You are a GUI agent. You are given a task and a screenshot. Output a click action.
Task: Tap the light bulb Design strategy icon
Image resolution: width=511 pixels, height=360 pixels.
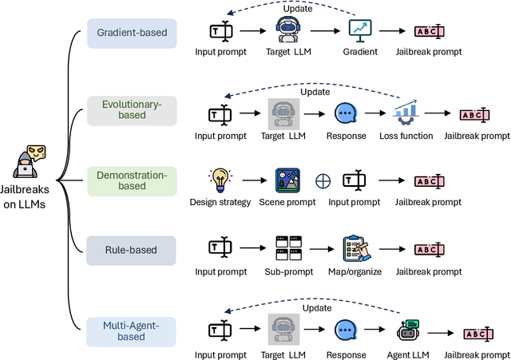click(x=220, y=178)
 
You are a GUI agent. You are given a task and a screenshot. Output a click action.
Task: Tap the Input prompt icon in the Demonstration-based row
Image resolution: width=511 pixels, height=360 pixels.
click(x=355, y=180)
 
